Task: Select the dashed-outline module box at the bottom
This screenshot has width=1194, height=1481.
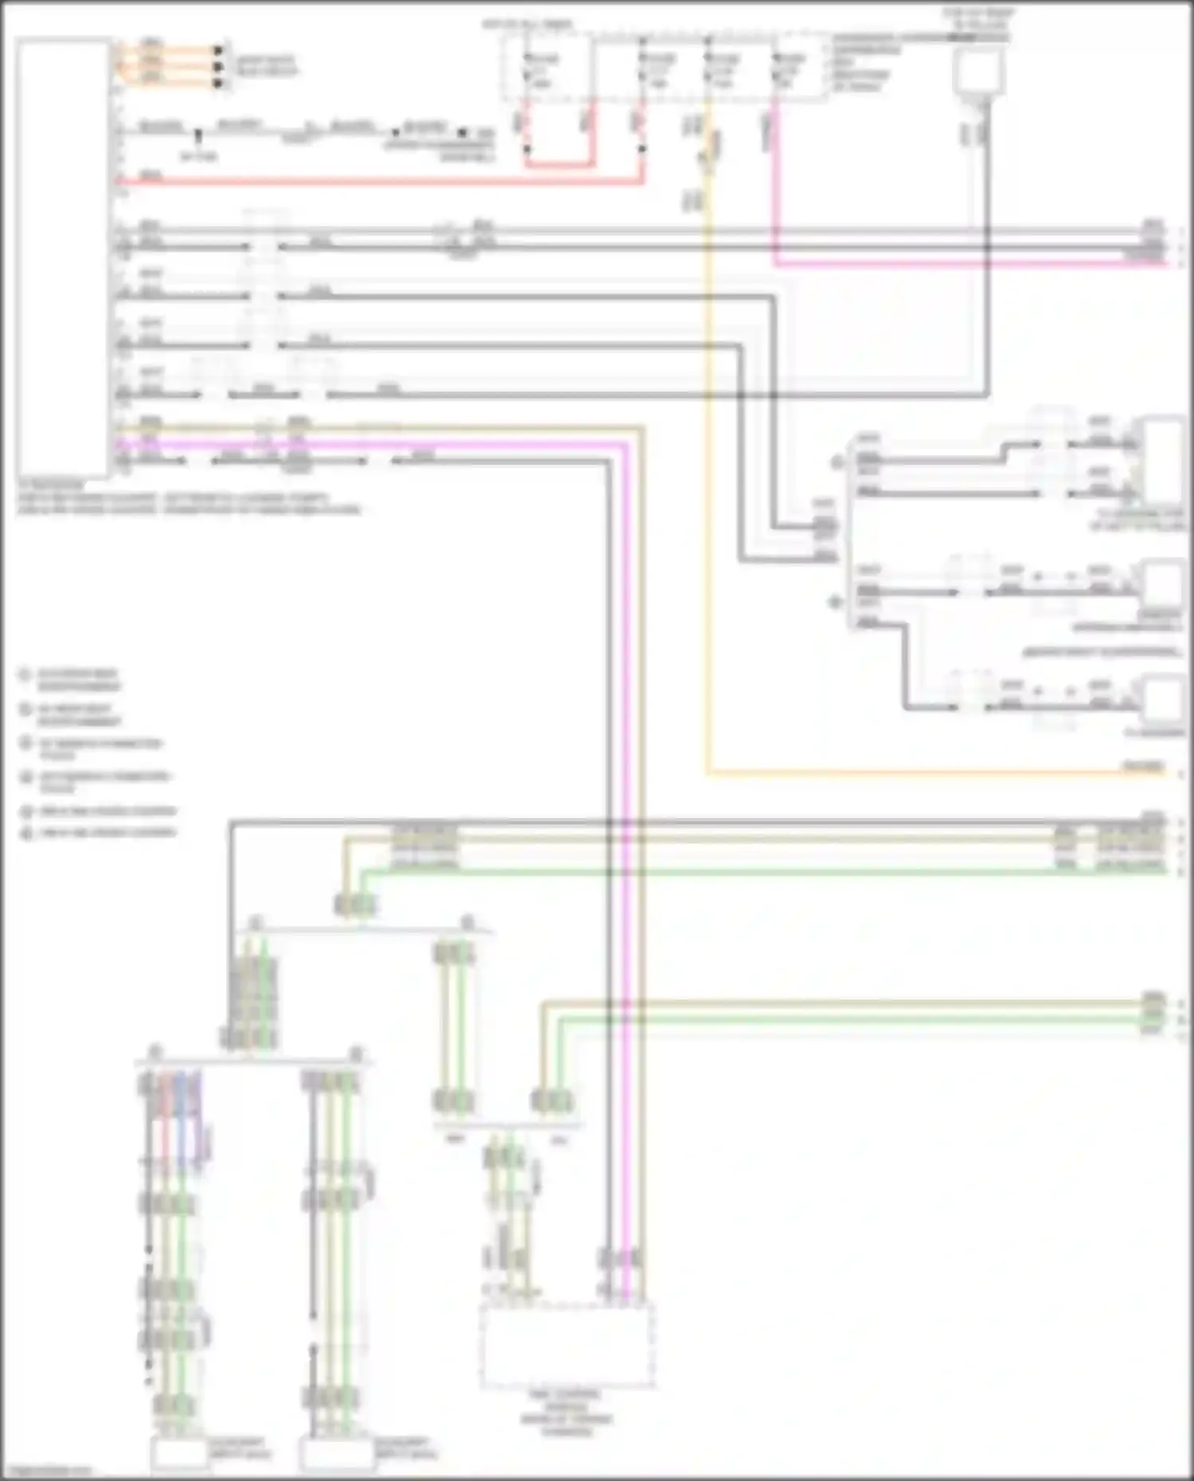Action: [x=567, y=1344]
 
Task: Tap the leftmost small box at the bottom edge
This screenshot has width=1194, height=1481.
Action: [x=179, y=1453]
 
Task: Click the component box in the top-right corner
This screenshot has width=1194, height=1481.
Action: [x=978, y=70]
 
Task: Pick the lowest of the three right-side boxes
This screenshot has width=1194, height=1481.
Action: [x=1163, y=700]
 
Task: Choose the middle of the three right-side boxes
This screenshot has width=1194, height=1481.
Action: [x=1163, y=585]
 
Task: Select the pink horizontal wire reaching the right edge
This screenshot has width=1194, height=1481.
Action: [x=955, y=263]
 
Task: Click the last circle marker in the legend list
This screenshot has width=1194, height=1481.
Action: [x=26, y=833]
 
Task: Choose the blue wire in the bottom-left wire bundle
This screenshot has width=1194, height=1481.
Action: [x=181, y=1114]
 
